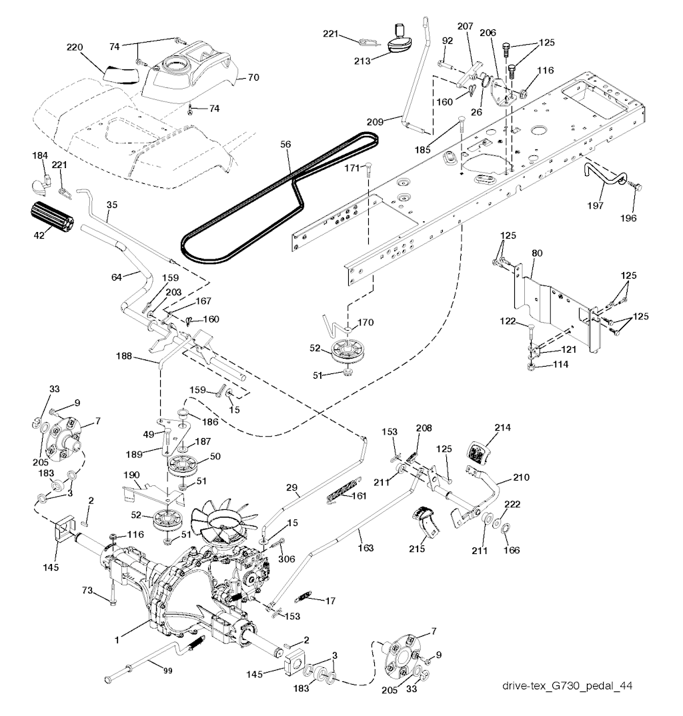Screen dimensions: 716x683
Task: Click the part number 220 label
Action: (75, 47)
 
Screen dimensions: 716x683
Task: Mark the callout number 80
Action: (537, 253)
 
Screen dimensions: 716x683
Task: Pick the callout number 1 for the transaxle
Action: (117, 641)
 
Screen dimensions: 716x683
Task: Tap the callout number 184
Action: (40, 155)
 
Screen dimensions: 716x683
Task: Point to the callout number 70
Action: (253, 78)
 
